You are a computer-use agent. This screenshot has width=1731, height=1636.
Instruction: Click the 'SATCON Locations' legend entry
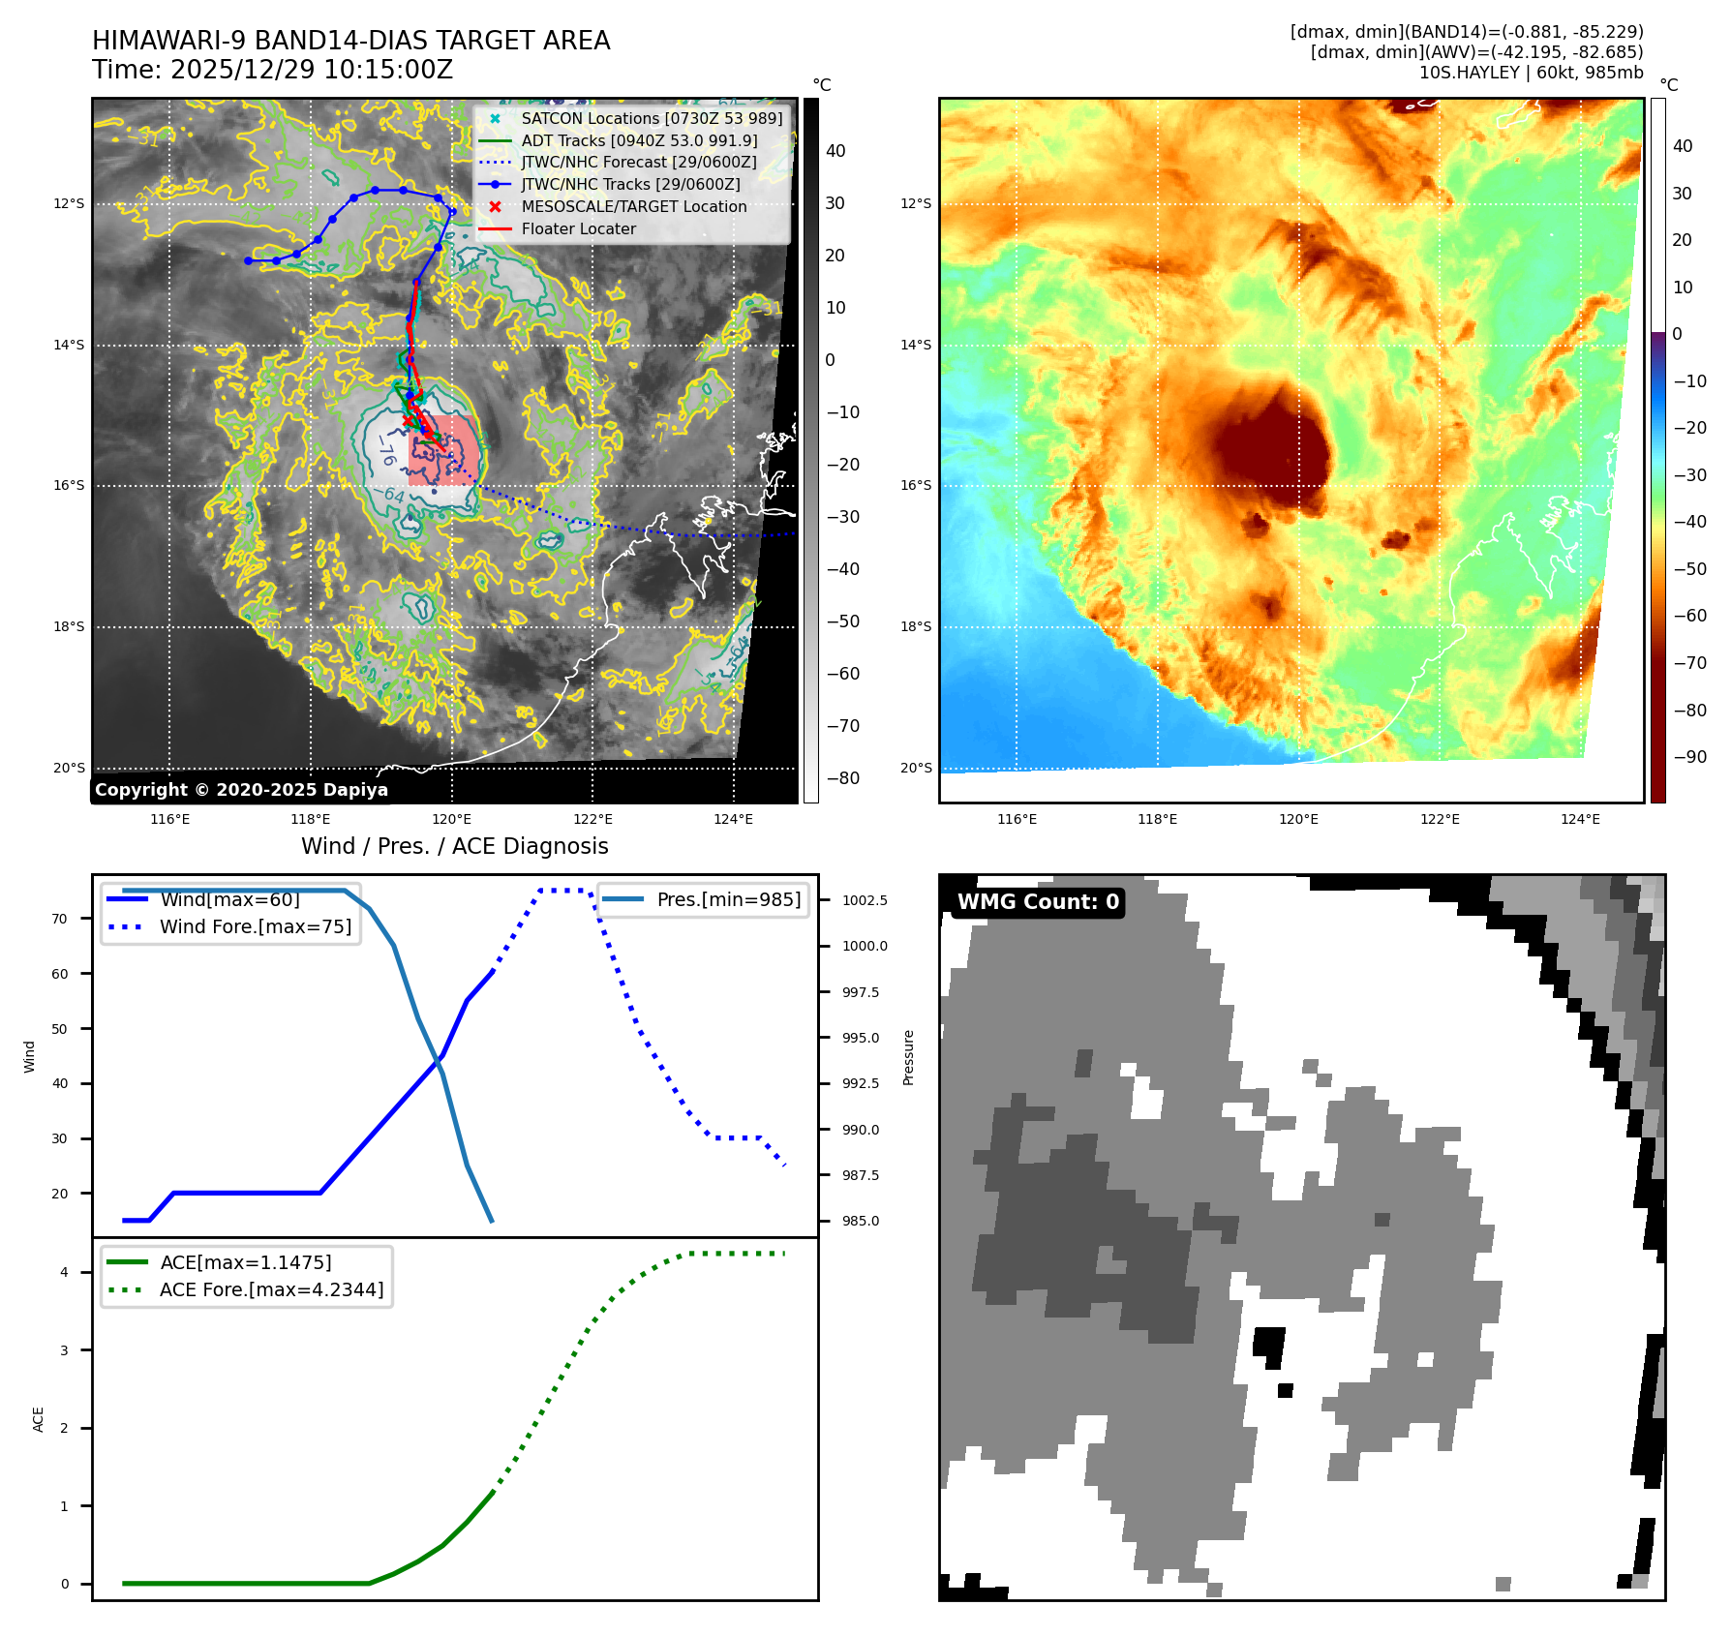pyautogui.click(x=651, y=118)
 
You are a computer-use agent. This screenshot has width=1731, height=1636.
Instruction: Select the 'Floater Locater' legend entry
pyautogui.click(x=578, y=228)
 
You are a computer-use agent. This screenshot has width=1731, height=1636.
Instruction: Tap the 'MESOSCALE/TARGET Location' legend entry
pyautogui.click(x=633, y=206)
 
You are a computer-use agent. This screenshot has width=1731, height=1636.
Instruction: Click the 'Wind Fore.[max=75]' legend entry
pyautogui.click(x=256, y=926)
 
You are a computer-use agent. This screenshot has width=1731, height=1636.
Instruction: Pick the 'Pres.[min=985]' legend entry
pyautogui.click(x=728, y=899)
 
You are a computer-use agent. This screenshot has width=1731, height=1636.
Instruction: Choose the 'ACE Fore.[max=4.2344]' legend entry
pyautogui.click(x=271, y=1289)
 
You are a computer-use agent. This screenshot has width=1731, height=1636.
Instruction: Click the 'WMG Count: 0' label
pyautogui.click(x=1038, y=901)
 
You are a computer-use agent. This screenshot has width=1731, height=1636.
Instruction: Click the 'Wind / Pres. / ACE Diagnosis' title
pyautogui.click(x=454, y=846)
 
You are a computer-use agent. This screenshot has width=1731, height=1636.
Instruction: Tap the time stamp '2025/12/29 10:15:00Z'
pyautogui.click(x=311, y=70)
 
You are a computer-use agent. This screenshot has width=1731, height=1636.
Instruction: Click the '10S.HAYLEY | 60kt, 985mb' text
pyautogui.click(x=1531, y=73)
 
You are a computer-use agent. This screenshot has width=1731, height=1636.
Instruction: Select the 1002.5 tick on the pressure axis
pyautogui.click(x=865, y=900)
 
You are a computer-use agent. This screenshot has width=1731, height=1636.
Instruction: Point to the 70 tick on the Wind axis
pyautogui.click(x=60, y=919)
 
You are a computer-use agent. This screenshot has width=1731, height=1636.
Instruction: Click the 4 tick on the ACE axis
pyautogui.click(x=64, y=1272)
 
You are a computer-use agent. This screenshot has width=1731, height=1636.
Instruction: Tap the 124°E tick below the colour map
pyautogui.click(x=1580, y=819)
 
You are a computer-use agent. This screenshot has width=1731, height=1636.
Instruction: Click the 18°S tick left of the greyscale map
pyautogui.click(x=69, y=626)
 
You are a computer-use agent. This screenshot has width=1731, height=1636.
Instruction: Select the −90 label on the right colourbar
pyautogui.click(x=1689, y=757)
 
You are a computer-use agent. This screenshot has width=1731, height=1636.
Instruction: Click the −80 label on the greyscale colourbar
pyautogui.click(x=842, y=778)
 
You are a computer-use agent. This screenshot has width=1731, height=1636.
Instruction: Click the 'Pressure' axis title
pyautogui.click(x=908, y=1057)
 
